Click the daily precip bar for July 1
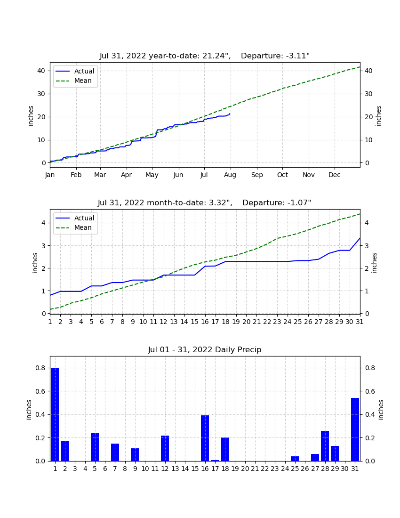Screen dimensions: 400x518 [x=55, y=414]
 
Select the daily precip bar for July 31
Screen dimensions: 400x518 [x=355, y=429]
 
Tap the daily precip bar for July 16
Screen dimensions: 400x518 [x=205, y=438]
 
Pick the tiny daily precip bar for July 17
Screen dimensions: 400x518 [x=215, y=461]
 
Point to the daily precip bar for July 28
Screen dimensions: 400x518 [x=325, y=446]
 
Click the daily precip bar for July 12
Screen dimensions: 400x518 [x=165, y=448]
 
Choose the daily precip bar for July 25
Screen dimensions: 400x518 [x=295, y=459]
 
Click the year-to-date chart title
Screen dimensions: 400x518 [x=205, y=56]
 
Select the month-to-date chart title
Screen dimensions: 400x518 [x=205, y=202]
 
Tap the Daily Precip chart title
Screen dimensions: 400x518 [x=205, y=349]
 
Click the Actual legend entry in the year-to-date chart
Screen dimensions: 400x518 [x=75, y=71]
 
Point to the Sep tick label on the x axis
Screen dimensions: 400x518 [x=257, y=175]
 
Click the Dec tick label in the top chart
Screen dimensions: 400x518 [x=334, y=175]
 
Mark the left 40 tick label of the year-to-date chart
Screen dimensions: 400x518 [x=41, y=71]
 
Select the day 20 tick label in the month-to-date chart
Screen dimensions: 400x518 [x=246, y=322]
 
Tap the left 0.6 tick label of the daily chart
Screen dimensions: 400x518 [x=40, y=391]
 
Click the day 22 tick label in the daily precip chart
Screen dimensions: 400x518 [x=264, y=469]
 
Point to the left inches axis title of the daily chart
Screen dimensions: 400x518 [x=29, y=410]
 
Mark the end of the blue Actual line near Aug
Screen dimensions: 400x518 [x=230, y=113]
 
